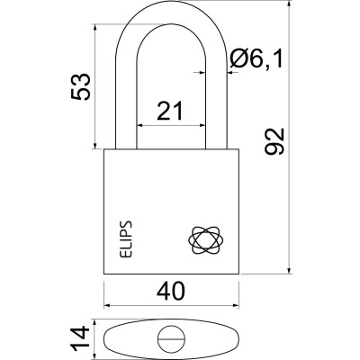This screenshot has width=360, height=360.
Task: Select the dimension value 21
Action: (170, 111)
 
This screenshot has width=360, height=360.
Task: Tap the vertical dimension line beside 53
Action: (94, 87)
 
